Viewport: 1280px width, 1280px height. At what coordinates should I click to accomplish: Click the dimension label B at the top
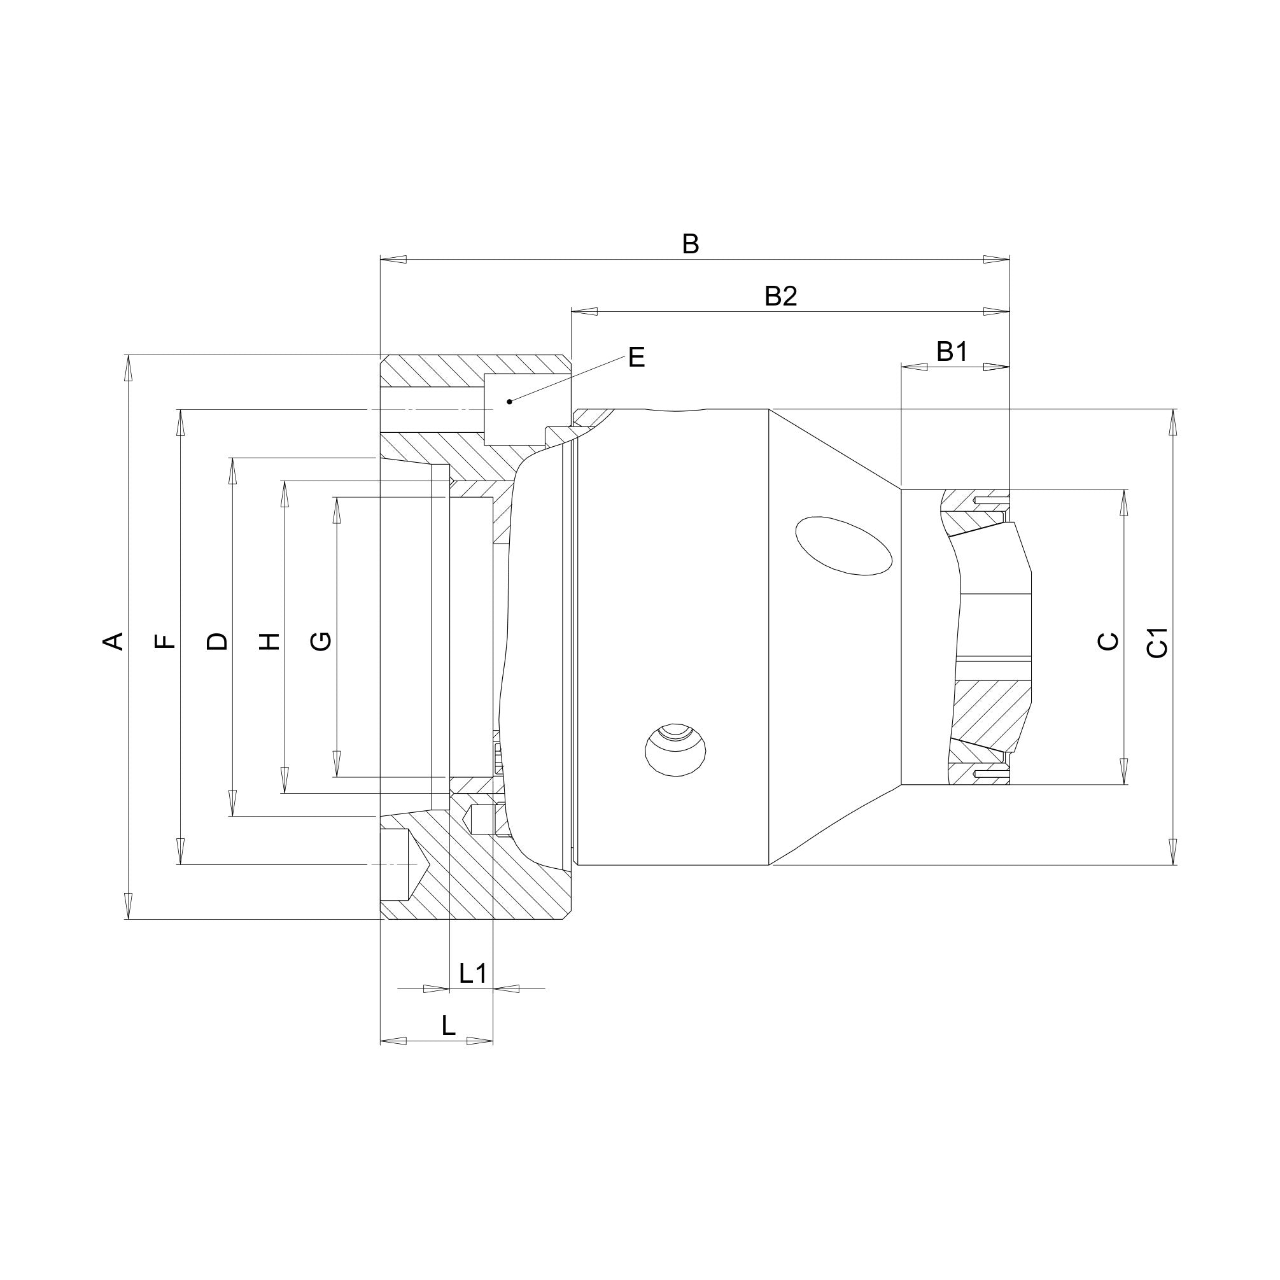coord(691,244)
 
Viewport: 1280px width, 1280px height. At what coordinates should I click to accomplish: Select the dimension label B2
coord(780,296)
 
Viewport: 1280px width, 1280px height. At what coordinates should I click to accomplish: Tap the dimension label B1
coord(952,352)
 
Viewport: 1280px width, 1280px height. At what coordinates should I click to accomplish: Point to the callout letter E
coord(636,358)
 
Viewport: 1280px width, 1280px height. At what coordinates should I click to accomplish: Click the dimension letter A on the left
coord(114,642)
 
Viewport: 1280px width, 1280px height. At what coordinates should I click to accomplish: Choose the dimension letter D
coord(216,642)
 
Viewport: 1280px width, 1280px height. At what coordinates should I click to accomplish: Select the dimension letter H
coord(269,642)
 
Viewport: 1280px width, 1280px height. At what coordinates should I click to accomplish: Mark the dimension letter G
coord(321,642)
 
